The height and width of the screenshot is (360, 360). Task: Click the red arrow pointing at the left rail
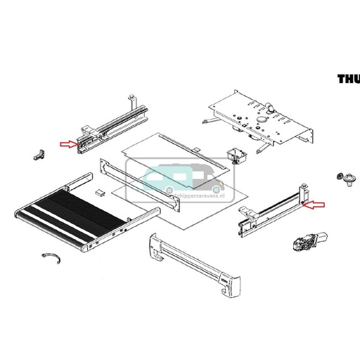pyautogui.click(x=68, y=145)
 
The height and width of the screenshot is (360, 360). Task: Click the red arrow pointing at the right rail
pyautogui.click(x=316, y=205)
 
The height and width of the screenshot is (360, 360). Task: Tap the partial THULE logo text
pyautogui.click(x=348, y=79)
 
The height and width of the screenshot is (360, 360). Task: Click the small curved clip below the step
pyautogui.click(x=53, y=259)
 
